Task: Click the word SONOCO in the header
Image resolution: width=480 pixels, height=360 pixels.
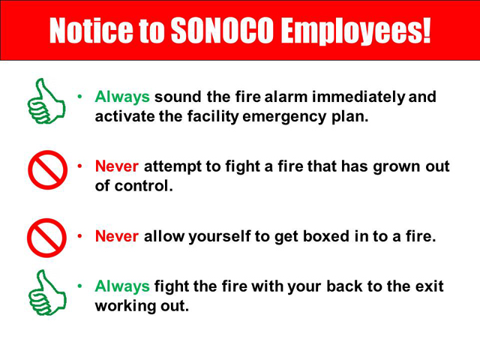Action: [x=222, y=30]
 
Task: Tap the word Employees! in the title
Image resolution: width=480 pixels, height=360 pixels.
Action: [x=356, y=31]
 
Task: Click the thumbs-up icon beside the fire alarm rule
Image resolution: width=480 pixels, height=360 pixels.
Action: [x=46, y=101]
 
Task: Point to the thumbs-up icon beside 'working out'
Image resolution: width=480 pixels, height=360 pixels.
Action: [x=47, y=292]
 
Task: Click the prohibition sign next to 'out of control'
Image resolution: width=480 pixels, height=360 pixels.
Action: [x=47, y=170]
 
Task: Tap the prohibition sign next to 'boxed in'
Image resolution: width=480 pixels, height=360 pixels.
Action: [x=46, y=238]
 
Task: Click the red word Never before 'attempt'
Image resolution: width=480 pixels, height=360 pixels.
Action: [x=117, y=166]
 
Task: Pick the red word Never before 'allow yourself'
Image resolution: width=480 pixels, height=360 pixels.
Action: [x=117, y=236]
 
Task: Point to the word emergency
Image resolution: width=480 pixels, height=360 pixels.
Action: [x=284, y=118]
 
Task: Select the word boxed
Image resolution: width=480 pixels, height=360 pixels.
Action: [x=326, y=236]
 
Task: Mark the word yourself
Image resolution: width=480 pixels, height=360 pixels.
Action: [x=220, y=237]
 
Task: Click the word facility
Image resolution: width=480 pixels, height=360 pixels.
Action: [x=213, y=118]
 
